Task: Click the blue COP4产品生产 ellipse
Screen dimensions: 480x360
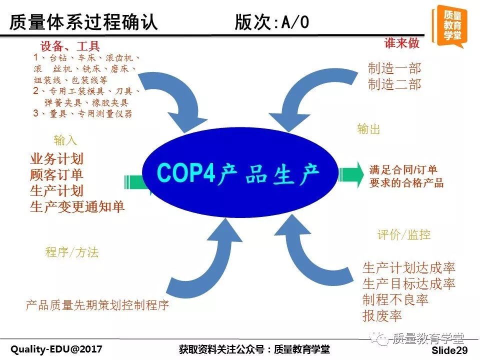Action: (x=239, y=172)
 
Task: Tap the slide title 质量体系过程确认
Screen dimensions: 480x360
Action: (x=83, y=22)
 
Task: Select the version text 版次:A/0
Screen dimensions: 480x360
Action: (x=272, y=22)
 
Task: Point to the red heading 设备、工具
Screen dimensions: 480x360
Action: (x=70, y=46)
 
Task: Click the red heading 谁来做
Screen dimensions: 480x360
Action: (x=401, y=43)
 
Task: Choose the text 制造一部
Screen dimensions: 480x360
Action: (x=394, y=68)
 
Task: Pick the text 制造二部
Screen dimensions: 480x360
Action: (x=394, y=84)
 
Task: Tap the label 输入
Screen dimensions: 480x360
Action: (x=65, y=140)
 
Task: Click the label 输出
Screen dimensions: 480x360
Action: (x=368, y=129)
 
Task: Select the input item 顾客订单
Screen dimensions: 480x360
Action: (x=56, y=175)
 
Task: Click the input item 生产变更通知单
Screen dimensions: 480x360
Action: (x=77, y=206)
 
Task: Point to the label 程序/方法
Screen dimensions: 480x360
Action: (x=72, y=252)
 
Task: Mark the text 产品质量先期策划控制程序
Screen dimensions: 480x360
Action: (x=97, y=305)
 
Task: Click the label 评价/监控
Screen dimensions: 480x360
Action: (x=404, y=235)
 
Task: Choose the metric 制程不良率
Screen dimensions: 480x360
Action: (x=395, y=299)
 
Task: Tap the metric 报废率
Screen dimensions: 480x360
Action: (x=382, y=315)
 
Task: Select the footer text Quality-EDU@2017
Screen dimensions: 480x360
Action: (x=56, y=349)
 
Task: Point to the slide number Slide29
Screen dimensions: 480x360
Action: (x=449, y=350)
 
